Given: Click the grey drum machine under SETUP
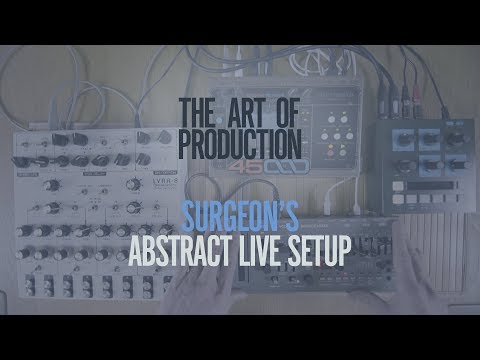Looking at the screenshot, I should [330, 290].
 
